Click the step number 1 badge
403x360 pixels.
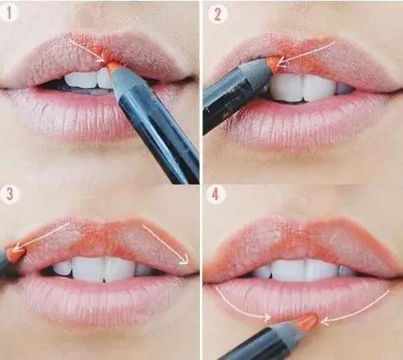9,13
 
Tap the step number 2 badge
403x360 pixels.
218,14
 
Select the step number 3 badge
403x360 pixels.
10,194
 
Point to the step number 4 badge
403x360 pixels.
215,194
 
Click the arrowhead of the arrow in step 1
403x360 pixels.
102,59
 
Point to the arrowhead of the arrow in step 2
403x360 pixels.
281,64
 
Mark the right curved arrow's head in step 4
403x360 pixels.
325,321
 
